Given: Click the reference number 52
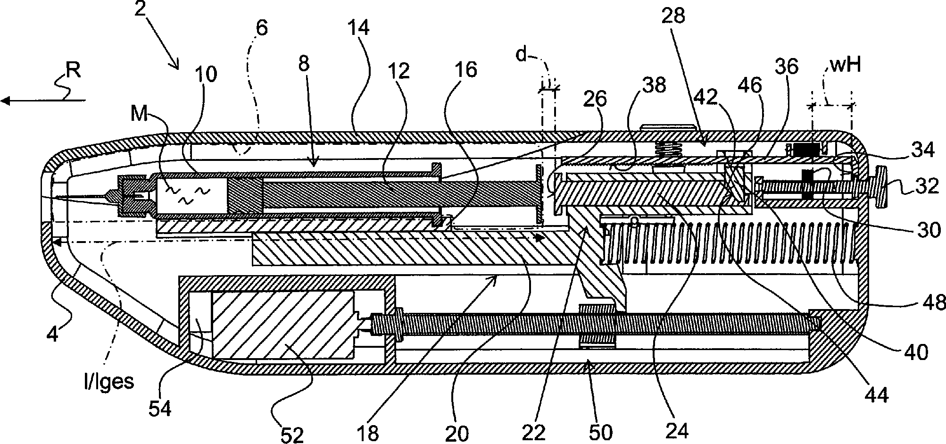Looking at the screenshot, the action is coord(292,435).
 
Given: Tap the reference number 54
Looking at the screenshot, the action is coord(160,407).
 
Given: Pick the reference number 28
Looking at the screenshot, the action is coord(673,16).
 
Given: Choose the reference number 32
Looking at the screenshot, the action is coord(928,185).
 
